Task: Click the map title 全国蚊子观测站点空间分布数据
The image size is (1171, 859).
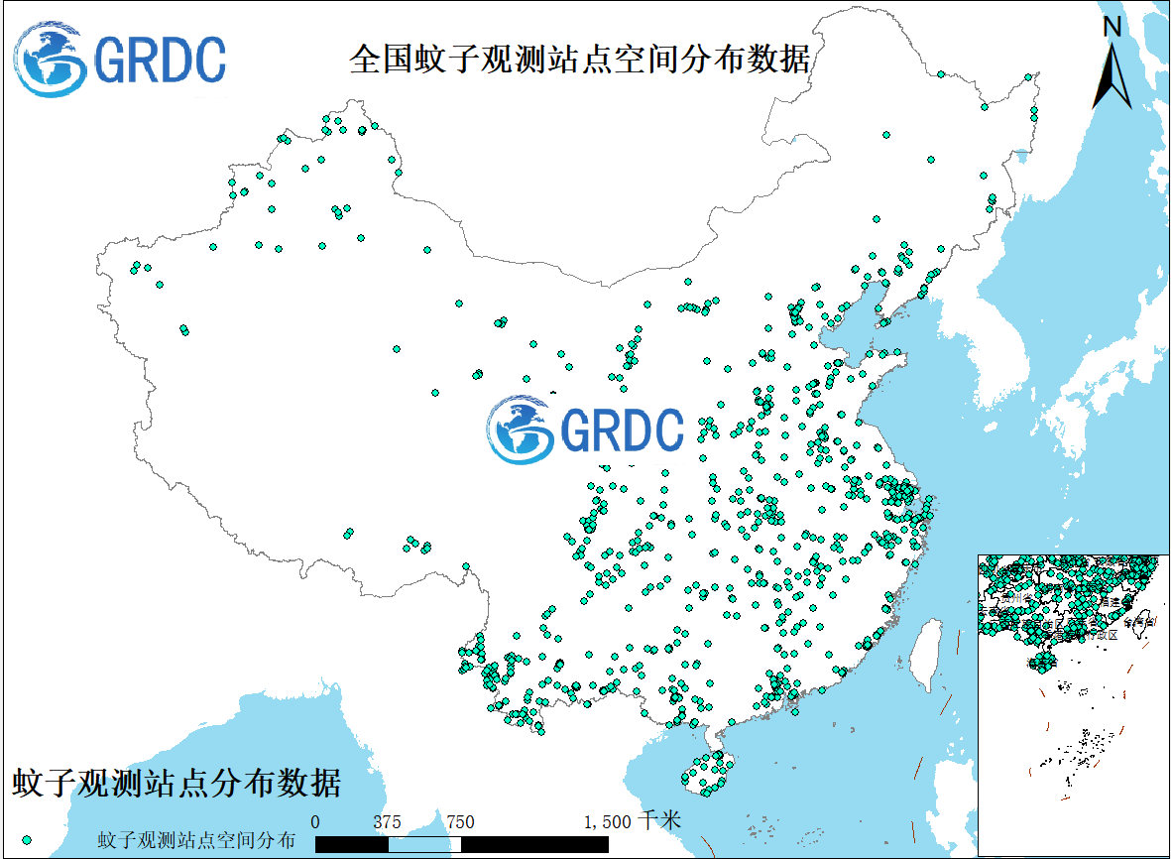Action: pos(579,60)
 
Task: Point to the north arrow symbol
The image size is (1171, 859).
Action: pos(1112,75)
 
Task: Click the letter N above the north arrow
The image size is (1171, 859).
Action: pos(1113,27)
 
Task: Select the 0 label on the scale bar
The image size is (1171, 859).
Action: pos(315,821)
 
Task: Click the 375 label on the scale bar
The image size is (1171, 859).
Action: pos(387,821)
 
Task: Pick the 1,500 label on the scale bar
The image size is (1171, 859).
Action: pos(607,821)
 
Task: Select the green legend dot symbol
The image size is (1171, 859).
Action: pos(27,840)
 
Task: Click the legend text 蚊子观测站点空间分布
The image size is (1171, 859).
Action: pos(196,840)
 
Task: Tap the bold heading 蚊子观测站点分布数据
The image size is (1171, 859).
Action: pos(176,784)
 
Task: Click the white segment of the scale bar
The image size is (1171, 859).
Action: pos(423,843)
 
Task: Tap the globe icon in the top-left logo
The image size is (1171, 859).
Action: pos(50,60)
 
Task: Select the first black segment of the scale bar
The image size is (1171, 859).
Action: pos(351,843)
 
